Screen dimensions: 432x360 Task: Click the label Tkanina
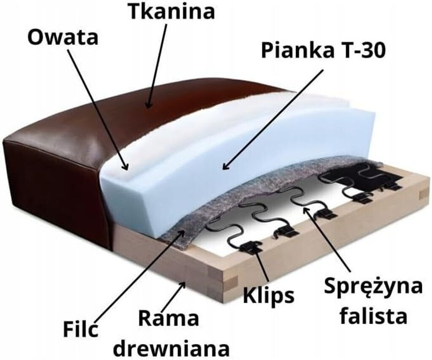[x=171, y=11]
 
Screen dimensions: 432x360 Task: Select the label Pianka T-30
[x=323, y=51]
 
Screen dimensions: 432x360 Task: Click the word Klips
[x=268, y=295]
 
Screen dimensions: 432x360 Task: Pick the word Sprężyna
[x=373, y=287]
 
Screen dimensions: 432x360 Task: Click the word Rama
[x=168, y=319]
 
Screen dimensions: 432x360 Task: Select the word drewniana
[x=172, y=349]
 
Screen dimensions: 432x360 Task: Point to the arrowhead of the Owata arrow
[x=125, y=168]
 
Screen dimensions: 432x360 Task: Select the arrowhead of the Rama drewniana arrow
[x=184, y=284]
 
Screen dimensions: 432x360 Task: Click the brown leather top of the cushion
[x=127, y=110]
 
